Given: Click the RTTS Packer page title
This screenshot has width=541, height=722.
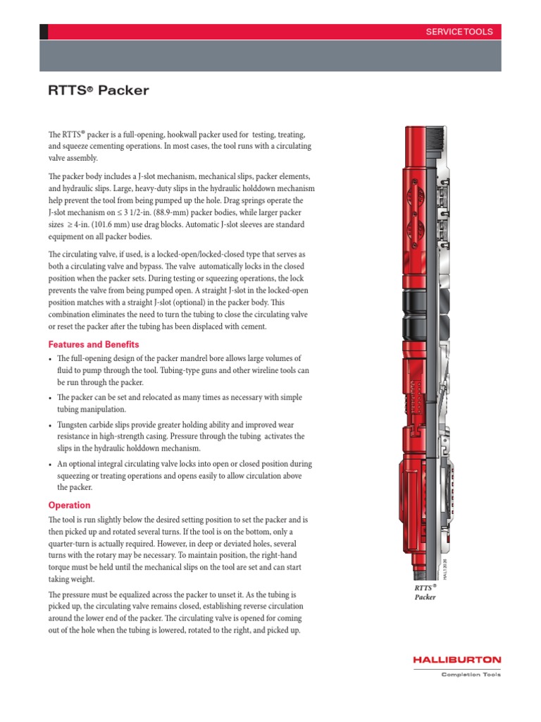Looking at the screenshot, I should [98, 90].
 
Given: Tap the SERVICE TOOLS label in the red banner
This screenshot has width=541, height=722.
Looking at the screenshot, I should [459, 32].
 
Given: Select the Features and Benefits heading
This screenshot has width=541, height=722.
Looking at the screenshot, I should [94, 344].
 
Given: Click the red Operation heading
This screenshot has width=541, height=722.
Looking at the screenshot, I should [69, 505].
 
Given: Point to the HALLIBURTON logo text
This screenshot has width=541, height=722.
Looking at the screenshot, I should [457, 660].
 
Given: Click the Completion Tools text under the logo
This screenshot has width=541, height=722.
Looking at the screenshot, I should [471, 675].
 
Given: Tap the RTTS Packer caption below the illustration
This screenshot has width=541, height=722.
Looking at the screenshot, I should [425, 592].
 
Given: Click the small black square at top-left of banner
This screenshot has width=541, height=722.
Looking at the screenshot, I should [44, 32].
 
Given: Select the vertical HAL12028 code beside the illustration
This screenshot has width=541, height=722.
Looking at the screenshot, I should [444, 563].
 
